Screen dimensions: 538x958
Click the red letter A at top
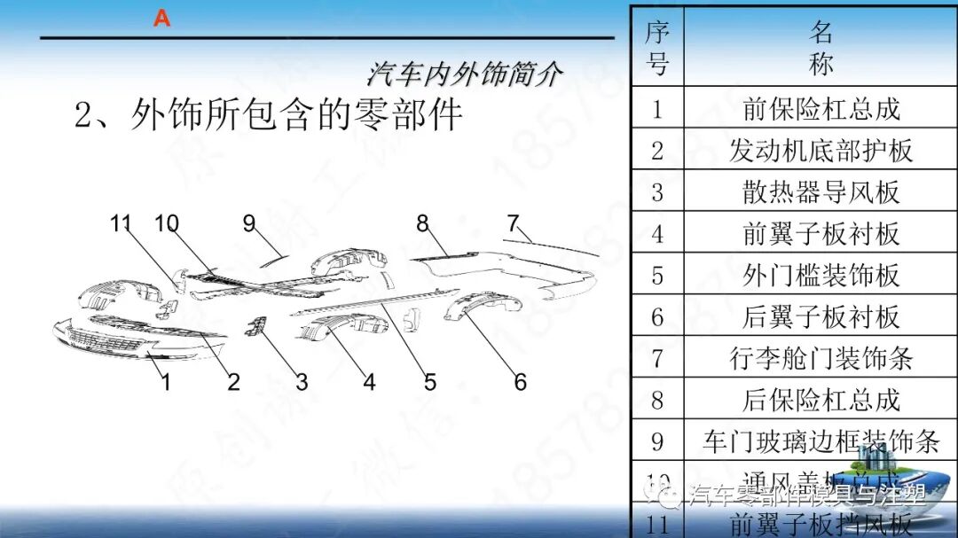click(161, 18)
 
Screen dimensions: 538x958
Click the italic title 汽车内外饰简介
click(464, 74)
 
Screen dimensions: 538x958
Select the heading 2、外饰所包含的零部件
click(269, 116)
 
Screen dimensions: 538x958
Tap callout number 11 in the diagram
click(122, 223)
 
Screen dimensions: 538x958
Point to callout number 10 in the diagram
click(167, 223)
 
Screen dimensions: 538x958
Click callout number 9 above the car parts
click(249, 223)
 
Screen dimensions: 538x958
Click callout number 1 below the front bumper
click(165, 382)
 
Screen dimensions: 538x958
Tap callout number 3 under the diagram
click(302, 382)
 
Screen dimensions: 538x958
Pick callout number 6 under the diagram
click(520, 382)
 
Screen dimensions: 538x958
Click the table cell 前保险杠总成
click(821, 108)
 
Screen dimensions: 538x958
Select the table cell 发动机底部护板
click(821, 150)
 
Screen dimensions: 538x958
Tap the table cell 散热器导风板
click(821, 191)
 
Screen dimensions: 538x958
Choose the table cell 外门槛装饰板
click(821, 275)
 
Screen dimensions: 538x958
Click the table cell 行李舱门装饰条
click(821, 358)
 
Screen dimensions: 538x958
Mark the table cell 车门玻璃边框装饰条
click(821, 441)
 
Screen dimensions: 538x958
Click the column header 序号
click(656, 48)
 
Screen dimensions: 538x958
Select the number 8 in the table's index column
click(656, 400)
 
